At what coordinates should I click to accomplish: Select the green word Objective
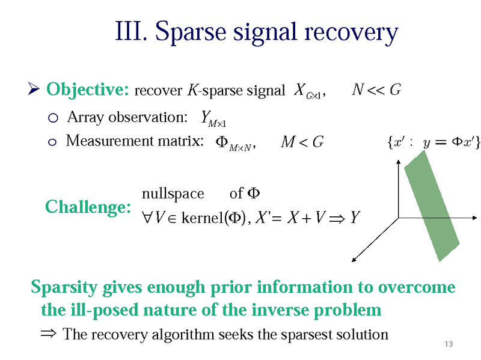coord(87,90)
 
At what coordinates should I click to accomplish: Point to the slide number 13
coord(447,344)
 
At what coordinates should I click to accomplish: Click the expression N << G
coord(376,90)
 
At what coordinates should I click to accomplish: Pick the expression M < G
coord(302,142)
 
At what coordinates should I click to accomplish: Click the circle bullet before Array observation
coord(52,117)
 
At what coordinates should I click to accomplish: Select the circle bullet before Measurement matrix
coord(52,142)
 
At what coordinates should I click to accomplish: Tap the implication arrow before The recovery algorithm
coord(49,334)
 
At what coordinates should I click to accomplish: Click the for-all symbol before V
coord(148,217)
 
